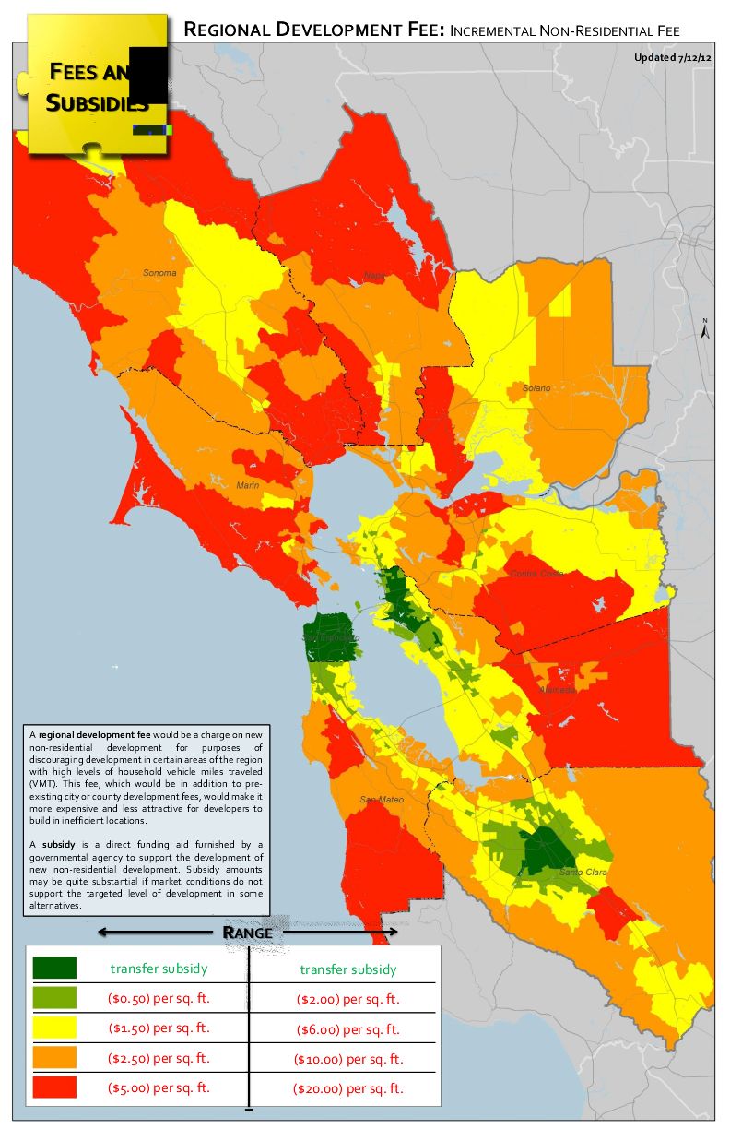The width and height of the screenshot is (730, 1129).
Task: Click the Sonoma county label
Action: (x=159, y=273)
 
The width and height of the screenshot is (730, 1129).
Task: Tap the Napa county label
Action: (x=374, y=276)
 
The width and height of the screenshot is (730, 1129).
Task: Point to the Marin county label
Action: (x=246, y=485)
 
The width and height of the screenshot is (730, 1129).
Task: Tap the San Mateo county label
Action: (x=378, y=799)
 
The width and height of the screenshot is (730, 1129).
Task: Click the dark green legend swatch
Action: (x=54, y=968)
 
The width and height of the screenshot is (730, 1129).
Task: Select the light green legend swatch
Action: (x=54, y=998)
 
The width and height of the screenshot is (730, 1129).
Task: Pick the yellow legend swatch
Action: (x=54, y=1028)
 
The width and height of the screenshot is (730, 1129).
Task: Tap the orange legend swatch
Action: (x=54, y=1057)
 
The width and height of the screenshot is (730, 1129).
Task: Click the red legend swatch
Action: (x=54, y=1087)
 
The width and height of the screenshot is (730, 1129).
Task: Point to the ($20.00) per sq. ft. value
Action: (x=348, y=1088)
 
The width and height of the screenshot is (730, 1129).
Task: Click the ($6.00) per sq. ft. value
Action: (x=348, y=1028)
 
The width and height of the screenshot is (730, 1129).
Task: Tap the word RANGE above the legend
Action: (x=247, y=932)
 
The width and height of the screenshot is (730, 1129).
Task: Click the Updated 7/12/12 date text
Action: (x=672, y=57)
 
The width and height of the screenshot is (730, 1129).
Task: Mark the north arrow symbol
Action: (x=704, y=330)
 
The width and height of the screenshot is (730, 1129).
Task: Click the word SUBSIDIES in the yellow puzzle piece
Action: (x=98, y=102)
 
